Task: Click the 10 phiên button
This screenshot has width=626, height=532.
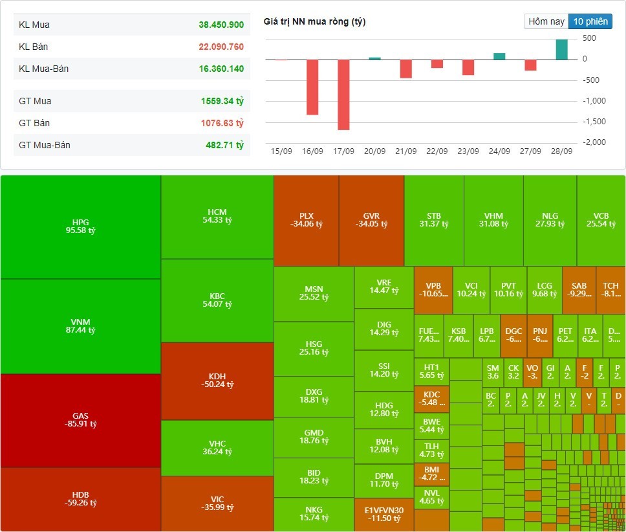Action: (590, 21)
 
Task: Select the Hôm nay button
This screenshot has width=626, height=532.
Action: (546, 21)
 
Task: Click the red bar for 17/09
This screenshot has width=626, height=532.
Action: (343, 94)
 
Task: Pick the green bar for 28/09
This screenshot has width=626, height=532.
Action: (561, 50)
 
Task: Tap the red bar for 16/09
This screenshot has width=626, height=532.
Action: (312, 87)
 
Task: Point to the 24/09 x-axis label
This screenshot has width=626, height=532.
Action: (499, 151)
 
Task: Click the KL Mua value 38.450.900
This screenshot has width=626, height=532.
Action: (221, 25)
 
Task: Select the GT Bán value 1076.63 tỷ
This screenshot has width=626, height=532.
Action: (222, 123)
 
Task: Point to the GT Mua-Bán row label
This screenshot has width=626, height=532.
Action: (45, 145)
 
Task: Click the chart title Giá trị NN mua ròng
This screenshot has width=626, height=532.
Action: (314, 22)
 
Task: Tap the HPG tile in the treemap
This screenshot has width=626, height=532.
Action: (81, 227)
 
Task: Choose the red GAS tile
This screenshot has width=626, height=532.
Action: (81, 420)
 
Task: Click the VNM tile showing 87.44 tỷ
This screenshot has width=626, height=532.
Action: (81, 326)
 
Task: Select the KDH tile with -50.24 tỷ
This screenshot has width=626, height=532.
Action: (217, 381)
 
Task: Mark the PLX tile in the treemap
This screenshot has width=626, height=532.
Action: (306, 220)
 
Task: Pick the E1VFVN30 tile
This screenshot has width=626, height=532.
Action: (380, 515)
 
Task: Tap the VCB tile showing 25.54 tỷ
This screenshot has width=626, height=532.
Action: (601, 220)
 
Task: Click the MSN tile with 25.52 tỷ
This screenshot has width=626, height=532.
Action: (314, 293)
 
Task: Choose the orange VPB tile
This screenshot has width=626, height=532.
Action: (433, 289)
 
